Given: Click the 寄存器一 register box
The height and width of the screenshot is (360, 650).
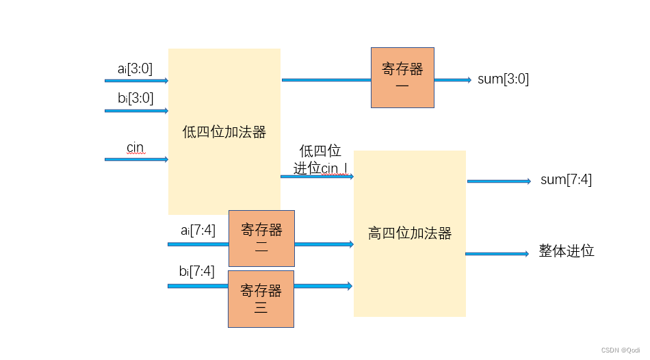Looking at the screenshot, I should pos(402,77).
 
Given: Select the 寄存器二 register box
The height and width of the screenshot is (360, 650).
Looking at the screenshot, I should pos(261,238).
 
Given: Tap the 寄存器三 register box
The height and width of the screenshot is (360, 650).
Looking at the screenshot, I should pos(261,299).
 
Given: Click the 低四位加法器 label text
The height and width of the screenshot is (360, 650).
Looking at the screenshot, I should pos(224,132).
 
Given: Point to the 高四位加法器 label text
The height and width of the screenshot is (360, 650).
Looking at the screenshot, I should pos(410,233).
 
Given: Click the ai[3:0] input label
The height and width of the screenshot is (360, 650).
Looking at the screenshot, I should pos(135,68).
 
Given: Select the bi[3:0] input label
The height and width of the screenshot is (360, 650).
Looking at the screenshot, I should pos(135,97).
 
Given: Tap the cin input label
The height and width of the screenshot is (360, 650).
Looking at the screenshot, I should pos(135,147).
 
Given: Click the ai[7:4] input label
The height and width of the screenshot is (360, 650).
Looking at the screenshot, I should pos(198,231).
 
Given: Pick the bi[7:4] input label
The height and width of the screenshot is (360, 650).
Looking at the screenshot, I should pos(196,272).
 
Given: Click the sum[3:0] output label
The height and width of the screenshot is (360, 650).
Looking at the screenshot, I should pos(503,79).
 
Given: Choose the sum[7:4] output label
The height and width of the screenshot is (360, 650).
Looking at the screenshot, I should pos(566,180).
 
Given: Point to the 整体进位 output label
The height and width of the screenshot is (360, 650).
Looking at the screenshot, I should pos(567,251).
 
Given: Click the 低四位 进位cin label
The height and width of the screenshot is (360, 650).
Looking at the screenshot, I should pos(320,160).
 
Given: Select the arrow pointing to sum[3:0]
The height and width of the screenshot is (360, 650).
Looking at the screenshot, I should pos(453,80).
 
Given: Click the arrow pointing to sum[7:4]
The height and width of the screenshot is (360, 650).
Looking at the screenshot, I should pos(499,181).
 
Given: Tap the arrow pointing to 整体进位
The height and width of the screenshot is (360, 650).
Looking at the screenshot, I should pos(497,254).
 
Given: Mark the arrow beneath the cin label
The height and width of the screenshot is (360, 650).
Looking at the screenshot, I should pos(136,159).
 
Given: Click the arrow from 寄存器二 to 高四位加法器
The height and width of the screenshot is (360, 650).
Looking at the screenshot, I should pos(324,244).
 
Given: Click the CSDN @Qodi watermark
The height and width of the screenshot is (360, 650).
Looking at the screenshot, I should pos(621,350).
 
